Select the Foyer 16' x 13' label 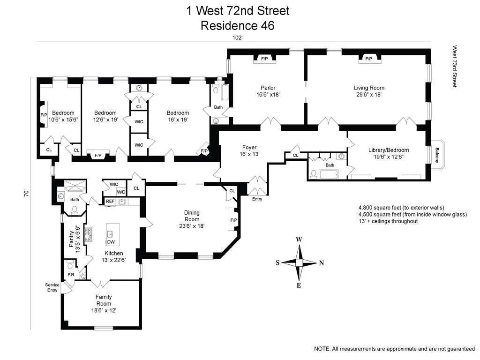[x=249, y=150]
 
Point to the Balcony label [x=437, y=155]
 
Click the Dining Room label [x=192, y=216]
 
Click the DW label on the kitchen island [x=111, y=242]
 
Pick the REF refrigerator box [x=110, y=202]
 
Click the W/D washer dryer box [x=121, y=192]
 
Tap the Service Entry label [x=52, y=287]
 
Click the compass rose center [x=299, y=262]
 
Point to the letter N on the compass [x=321, y=263]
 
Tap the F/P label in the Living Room [x=368, y=59]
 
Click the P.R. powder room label [x=71, y=274]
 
